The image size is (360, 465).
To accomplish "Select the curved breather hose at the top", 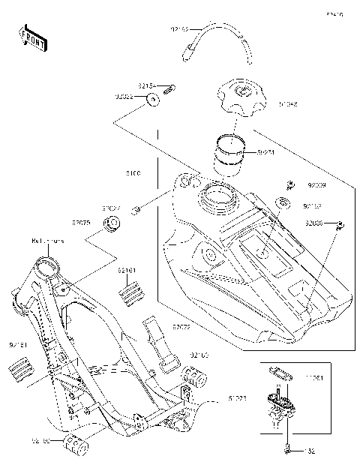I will (217, 37).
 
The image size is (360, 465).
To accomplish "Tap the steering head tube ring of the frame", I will (48, 264).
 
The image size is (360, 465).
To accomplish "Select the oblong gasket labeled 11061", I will (280, 370).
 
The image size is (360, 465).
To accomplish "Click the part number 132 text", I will (308, 451).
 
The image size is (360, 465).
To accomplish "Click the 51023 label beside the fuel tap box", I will (238, 400).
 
